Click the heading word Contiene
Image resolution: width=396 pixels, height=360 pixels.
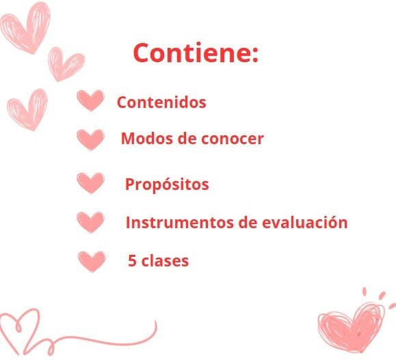(192, 53)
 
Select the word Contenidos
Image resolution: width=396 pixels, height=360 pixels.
(161, 102)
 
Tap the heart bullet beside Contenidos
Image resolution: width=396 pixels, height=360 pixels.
(90, 100)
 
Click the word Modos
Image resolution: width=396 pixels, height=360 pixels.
(148, 138)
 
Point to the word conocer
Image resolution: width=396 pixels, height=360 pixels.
(233, 139)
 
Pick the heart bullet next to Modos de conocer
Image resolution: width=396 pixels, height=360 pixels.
(90, 139)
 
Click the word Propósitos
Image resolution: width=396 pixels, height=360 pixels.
(167, 184)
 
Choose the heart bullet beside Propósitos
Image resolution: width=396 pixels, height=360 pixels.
(90, 183)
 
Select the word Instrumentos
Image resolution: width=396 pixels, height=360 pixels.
(180, 222)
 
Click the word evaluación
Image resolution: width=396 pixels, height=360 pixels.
(305, 222)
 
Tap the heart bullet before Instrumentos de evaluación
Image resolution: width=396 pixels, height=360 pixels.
(90, 222)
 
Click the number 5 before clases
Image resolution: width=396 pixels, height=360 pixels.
(132, 260)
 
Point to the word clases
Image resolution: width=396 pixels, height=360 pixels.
(165, 260)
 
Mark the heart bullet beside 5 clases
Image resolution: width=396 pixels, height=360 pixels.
(92, 262)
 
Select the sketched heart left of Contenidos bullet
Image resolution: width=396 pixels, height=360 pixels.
(28, 110)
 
